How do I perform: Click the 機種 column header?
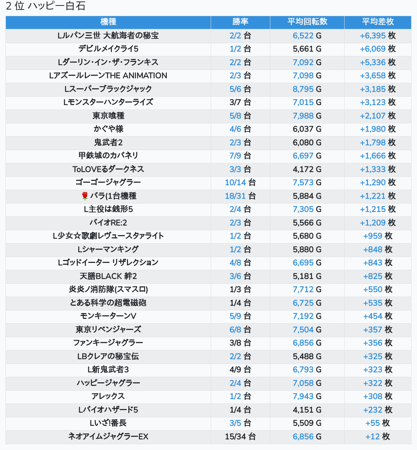click(108, 22)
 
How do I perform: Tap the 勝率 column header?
click(240, 22)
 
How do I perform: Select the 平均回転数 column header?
click(307, 22)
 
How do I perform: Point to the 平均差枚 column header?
click(378, 22)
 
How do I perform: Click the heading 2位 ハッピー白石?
click(46, 6)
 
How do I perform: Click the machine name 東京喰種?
click(108, 116)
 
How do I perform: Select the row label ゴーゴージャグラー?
click(108, 182)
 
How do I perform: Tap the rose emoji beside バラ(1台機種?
click(85, 196)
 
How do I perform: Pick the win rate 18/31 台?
click(240, 196)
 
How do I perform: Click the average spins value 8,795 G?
click(307, 89)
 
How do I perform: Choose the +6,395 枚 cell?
click(378, 36)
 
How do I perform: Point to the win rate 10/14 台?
click(240, 182)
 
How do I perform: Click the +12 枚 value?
click(378, 436)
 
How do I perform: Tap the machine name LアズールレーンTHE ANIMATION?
click(108, 76)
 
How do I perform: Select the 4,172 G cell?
click(307, 169)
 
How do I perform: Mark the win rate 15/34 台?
click(240, 436)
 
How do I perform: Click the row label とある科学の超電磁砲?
click(108, 303)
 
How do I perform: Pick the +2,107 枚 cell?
click(378, 116)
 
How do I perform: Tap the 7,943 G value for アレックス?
click(307, 396)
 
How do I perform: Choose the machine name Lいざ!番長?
click(108, 423)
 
